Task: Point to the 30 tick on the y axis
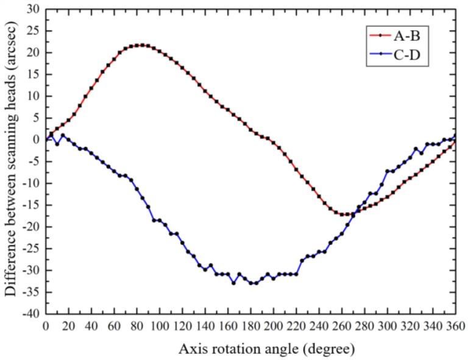34,9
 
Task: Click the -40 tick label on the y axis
32,314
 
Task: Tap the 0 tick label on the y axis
37,139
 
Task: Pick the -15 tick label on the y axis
32,205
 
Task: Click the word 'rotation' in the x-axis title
235,350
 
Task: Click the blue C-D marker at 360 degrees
456,136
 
